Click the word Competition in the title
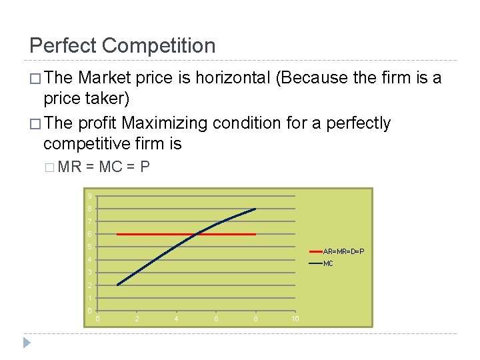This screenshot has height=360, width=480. [159, 45]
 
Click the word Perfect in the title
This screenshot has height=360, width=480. [63, 45]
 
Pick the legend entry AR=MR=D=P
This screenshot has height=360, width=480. [343, 251]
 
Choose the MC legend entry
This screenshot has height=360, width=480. [328, 264]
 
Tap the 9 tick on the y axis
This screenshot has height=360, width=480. [89, 196]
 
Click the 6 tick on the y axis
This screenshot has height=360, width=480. [89, 235]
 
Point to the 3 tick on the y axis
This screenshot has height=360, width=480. [89, 273]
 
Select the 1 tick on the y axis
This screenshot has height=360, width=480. [89, 298]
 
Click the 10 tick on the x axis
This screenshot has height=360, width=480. [295, 319]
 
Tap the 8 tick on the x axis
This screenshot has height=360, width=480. [256, 319]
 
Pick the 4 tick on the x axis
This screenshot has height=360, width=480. [176, 319]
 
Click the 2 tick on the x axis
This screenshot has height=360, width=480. [137, 319]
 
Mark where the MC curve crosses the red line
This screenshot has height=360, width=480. [198, 234]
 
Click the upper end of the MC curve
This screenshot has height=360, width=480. [255, 209]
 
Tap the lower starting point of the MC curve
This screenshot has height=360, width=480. [117, 285]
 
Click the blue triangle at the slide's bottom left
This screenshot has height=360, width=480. [27, 343]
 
